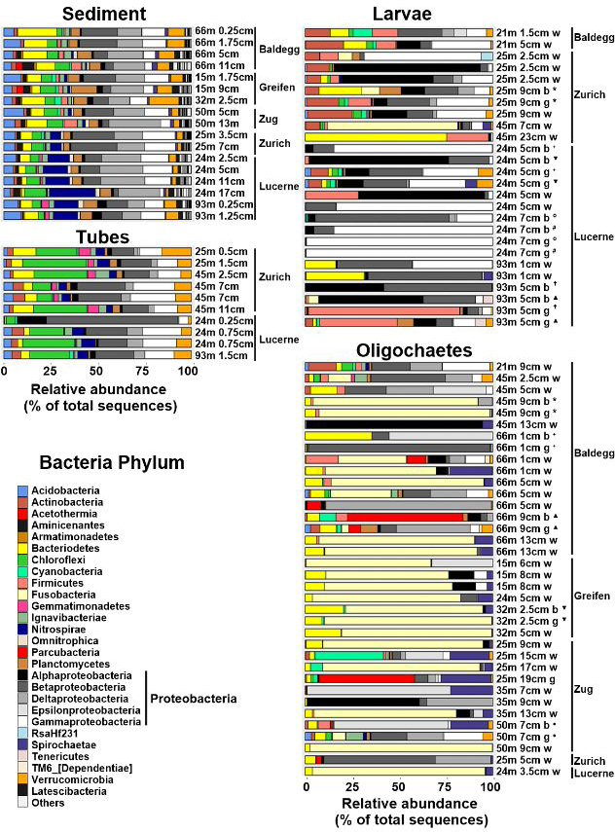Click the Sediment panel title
point(96,14)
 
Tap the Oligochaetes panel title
point(395,349)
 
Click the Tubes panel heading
point(96,236)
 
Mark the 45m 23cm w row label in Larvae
point(526,137)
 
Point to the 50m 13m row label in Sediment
point(216,123)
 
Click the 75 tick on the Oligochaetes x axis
point(443,786)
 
